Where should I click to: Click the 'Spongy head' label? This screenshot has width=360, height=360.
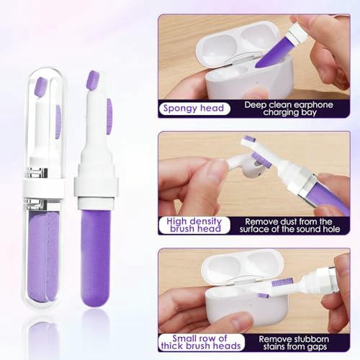[194, 109]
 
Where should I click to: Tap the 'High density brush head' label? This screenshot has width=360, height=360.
[194, 225]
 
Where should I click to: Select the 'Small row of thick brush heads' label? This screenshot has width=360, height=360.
[201, 342]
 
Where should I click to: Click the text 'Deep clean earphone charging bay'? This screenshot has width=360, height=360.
[289, 109]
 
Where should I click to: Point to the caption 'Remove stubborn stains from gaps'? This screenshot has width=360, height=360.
[294, 343]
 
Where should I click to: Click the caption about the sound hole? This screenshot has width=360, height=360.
[289, 225]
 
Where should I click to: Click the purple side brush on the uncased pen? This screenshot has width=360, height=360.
[109, 116]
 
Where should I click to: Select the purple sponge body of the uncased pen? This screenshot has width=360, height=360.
[96, 258]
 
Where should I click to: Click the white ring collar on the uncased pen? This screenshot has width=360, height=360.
[96, 186]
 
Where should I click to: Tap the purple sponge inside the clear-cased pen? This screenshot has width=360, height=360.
[43, 256]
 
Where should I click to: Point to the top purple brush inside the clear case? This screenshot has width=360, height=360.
[41, 87]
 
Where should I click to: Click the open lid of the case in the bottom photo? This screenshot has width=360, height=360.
[243, 266]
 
